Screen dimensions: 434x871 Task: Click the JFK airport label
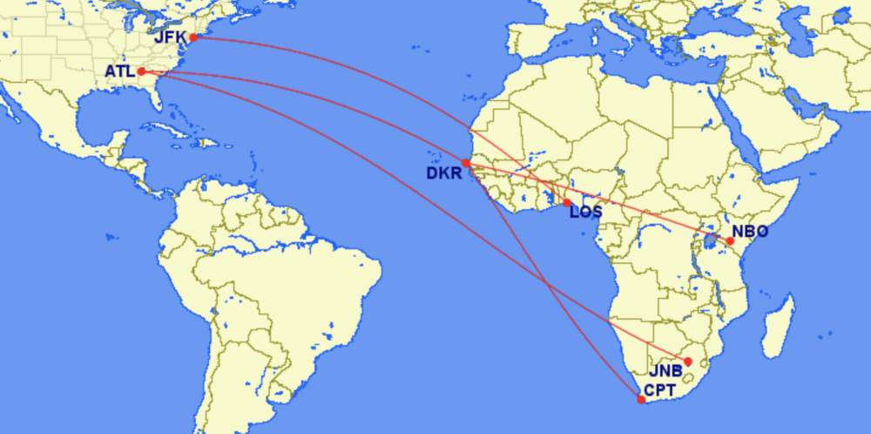170,37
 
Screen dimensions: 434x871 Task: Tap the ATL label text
119,71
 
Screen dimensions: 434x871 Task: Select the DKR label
443,173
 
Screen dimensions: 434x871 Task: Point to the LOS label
585,211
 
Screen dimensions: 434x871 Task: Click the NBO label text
750,233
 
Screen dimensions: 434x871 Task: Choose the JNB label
665,370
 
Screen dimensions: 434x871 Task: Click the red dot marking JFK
193,37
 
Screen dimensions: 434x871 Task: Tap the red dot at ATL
141,71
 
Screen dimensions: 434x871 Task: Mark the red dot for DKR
466,163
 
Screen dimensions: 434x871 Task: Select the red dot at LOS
567,203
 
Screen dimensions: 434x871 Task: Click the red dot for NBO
730,241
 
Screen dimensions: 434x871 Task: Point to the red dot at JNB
687,361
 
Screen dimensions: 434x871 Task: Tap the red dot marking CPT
641,400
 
